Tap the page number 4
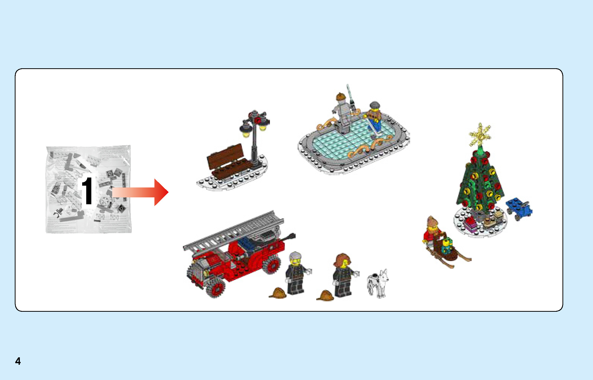(x=18, y=361)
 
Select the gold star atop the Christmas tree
(x=480, y=135)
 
